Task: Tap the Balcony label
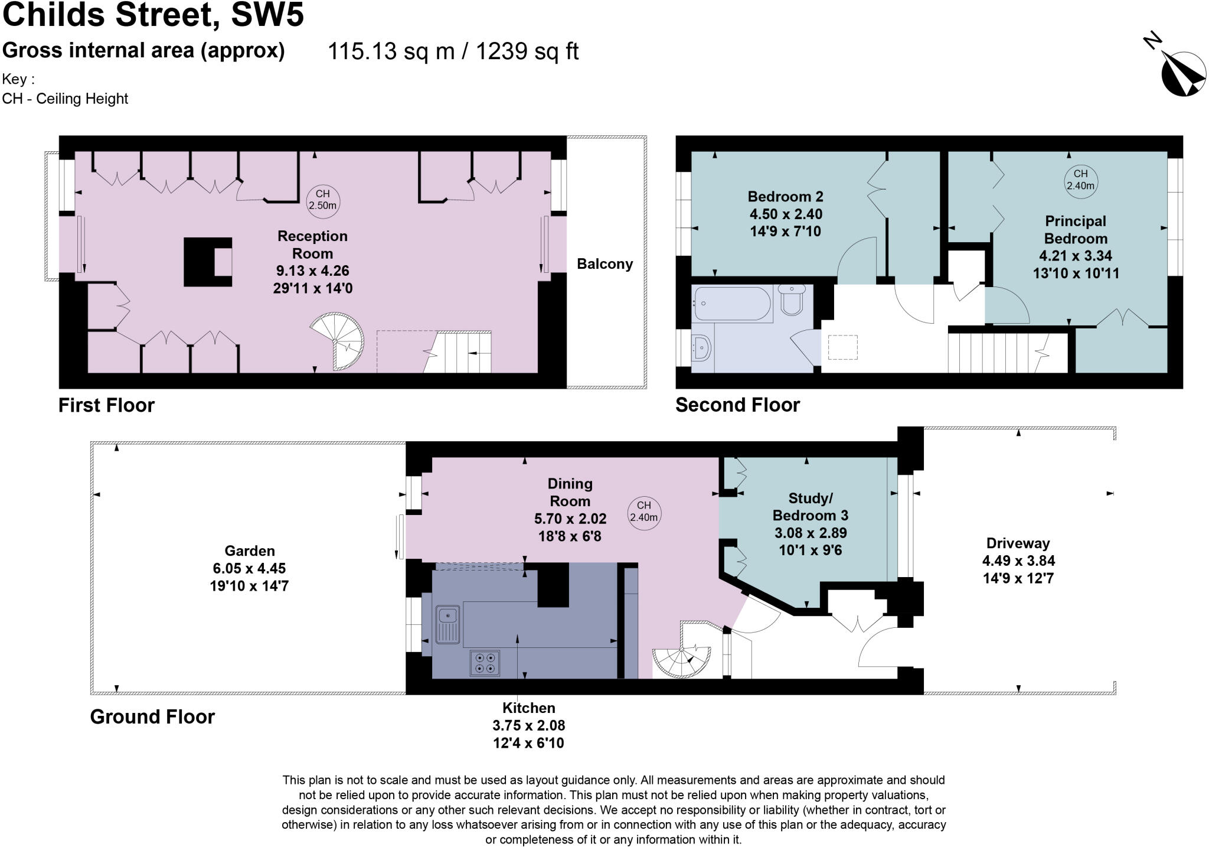(x=604, y=264)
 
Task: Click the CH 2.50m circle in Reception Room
(x=323, y=200)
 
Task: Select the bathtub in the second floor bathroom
(x=733, y=304)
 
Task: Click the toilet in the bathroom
(x=792, y=300)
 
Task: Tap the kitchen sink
(x=448, y=624)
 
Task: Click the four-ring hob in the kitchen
(x=485, y=663)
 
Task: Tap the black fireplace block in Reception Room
(x=207, y=262)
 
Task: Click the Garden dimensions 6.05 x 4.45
(x=249, y=568)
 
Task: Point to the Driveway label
(x=1018, y=543)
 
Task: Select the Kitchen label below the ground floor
(x=528, y=708)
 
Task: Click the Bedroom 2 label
(x=785, y=197)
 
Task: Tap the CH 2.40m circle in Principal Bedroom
(x=1080, y=180)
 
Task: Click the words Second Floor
(x=737, y=405)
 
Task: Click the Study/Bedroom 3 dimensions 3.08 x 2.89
(x=811, y=533)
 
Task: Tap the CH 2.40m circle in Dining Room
(x=643, y=512)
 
